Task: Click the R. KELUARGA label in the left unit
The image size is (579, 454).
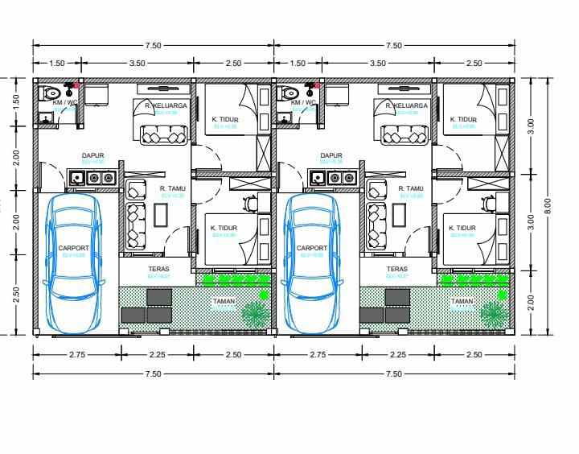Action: (x=166, y=105)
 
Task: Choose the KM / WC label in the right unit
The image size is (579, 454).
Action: (x=302, y=103)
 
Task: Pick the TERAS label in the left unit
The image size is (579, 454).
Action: (x=158, y=270)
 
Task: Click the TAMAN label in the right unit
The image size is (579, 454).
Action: (x=462, y=301)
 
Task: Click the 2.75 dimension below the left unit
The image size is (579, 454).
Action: (x=77, y=353)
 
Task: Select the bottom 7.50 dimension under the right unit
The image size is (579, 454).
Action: (x=393, y=374)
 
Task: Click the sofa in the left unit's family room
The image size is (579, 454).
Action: (x=164, y=135)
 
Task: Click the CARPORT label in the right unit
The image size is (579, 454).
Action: (x=312, y=248)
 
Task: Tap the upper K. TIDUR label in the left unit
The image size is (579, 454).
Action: (x=226, y=119)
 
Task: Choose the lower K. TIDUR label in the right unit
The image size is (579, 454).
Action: (x=462, y=228)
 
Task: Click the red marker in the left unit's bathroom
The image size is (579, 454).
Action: (x=76, y=85)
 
